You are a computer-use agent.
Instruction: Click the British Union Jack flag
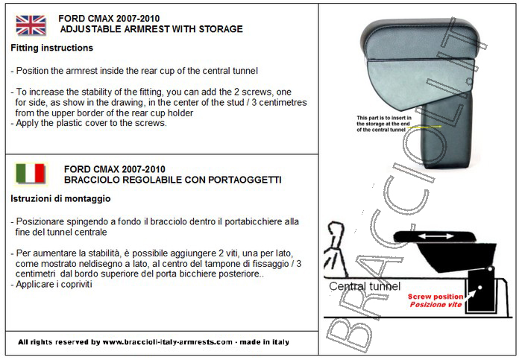[31, 25]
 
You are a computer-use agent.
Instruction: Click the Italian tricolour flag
[31, 174]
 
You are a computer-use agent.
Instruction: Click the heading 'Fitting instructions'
[52, 48]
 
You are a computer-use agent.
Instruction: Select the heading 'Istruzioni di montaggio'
[60, 199]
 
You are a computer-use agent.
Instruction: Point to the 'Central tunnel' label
[365, 286]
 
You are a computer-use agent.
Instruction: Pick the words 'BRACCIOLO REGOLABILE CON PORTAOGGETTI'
[173, 180]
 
